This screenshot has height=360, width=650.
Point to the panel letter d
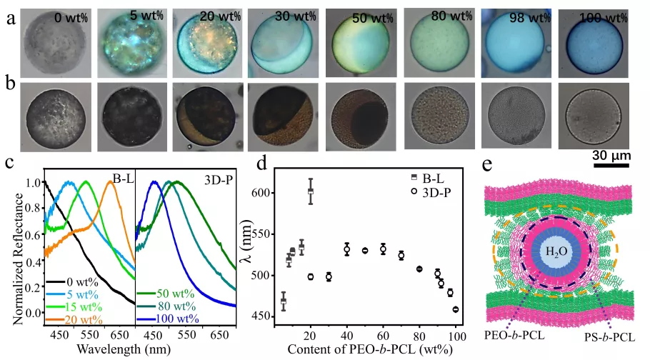coord(261,164)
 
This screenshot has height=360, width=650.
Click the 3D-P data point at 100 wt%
coord(455,309)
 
